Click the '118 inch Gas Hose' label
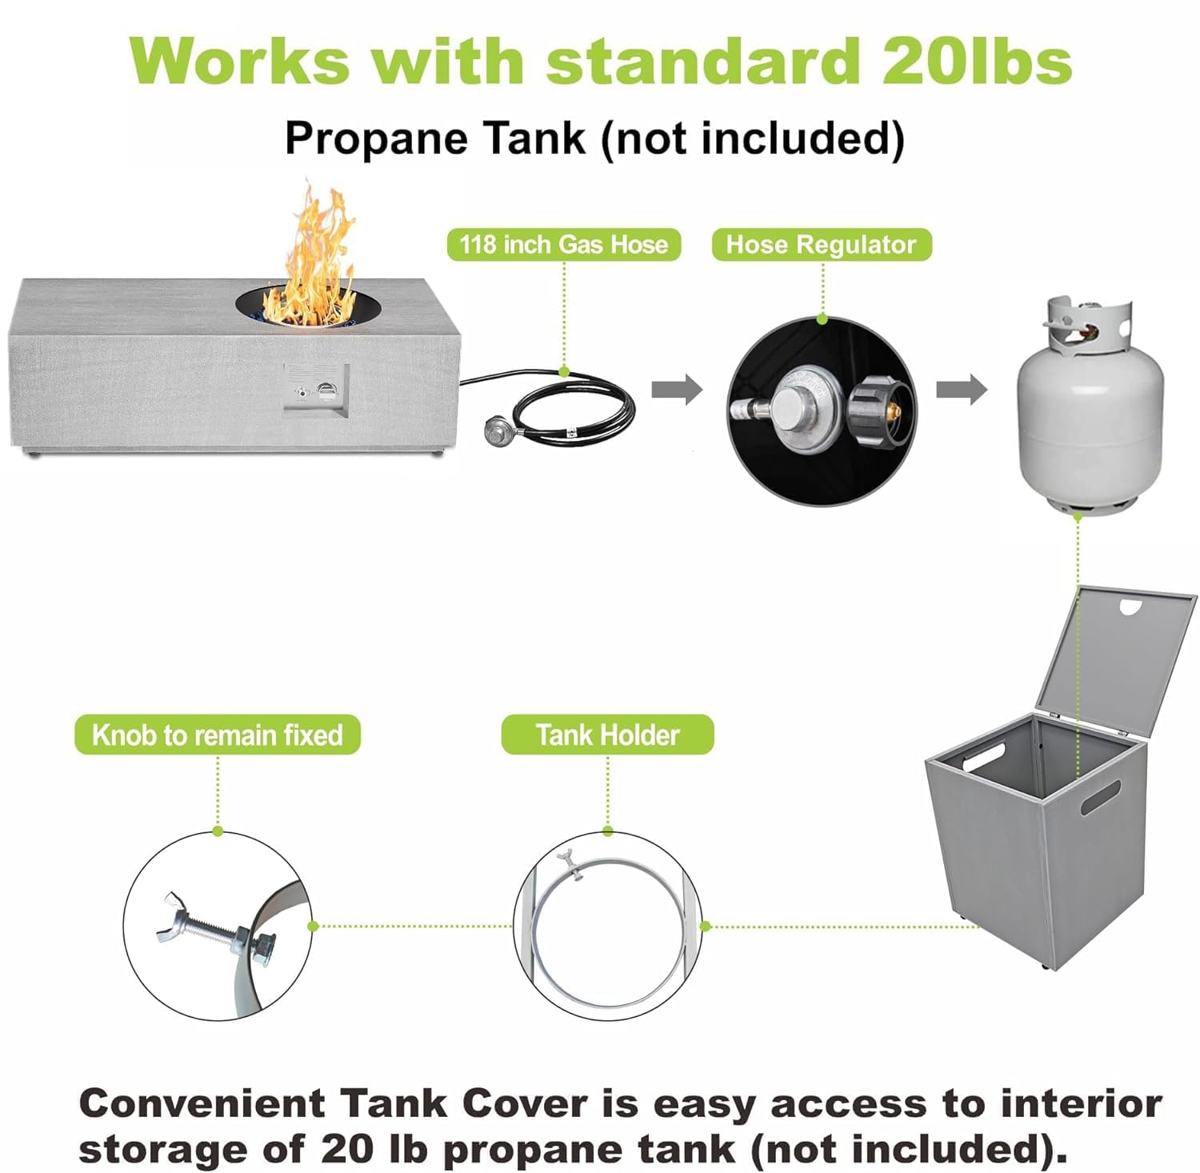pyautogui.click(x=563, y=244)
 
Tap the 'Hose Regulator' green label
pyautogui.click(x=821, y=244)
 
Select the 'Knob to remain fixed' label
pyautogui.click(x=217, y=735)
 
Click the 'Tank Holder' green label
pyautogui.click(x=607, y=735)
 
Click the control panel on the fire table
pyautogui.click(x=316, y=390)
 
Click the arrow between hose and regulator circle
pyautogui.click(x=676, y=390)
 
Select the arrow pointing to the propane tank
pyautogui.click(x=962, y=390)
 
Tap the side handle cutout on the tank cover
pyautogui.click(x=1101, y=797)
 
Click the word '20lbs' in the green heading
pyautogui.click(x=977, y=60)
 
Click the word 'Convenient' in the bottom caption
pyautogui.click(x=202, y=1103)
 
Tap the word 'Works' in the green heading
pyautogui.click(x=240, y=60)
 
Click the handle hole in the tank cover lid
pyautogui.click(x=1130, y=609)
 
